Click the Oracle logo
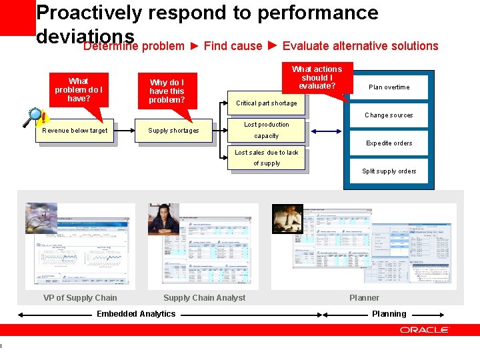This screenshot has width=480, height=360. (x=424, y=330)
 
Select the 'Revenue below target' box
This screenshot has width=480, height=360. (x=74, y=131)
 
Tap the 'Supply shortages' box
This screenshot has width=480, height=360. (x=173, y=131)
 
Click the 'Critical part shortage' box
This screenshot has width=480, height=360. (x=266, y=103)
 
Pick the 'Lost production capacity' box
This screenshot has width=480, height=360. (x=266, y=131)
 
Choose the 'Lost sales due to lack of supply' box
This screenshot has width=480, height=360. (x=266, y=158)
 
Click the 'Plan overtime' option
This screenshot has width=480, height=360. (x=389, y=87)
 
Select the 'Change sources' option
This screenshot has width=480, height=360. (x=389, y=115)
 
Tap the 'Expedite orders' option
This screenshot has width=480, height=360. (x=389, y=143)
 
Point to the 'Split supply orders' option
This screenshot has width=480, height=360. (x=389, y=171)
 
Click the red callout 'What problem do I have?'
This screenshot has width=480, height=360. (x=78, y=89)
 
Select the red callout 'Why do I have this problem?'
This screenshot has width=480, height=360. (x=167, y=91)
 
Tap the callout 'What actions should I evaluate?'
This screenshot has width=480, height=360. (x=317, y=77)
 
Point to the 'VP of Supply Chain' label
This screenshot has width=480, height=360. (x=80, y=298)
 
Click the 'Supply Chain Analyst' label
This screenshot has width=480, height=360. (x=204, y=298)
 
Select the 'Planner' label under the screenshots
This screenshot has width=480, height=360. (x=364, y=298)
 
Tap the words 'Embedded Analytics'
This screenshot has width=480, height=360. (x=136, y=314)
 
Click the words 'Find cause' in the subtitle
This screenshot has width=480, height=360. (x=233, y=46)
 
